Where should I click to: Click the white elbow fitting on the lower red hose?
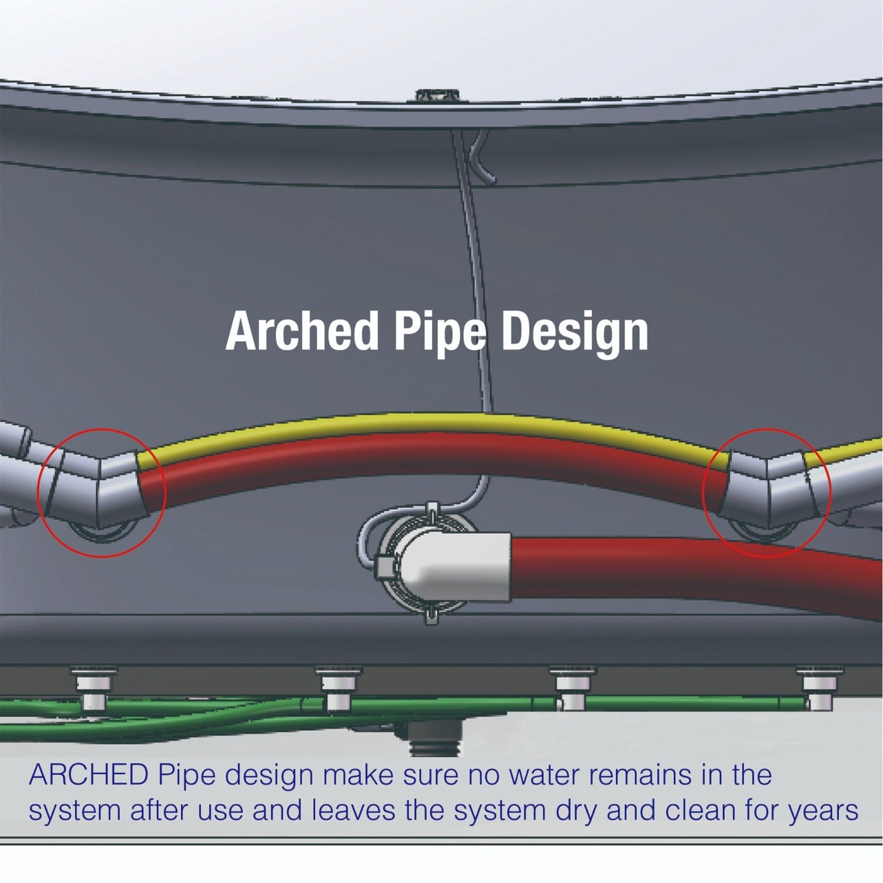click(x=453, y=565)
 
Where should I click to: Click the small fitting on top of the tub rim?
click(x=437, y=94)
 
